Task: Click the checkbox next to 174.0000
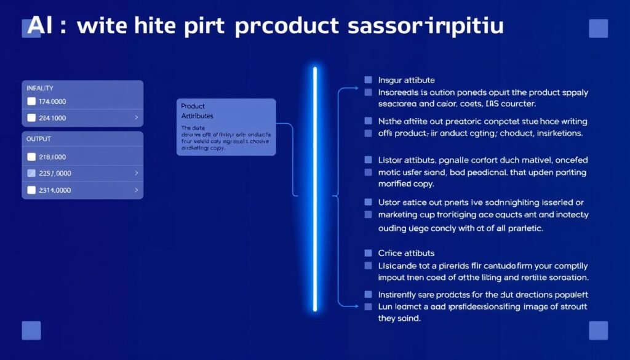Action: pyautogui.click(x=32, y=102)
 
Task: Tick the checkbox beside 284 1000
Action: pyautogui.click(x=32, y=118)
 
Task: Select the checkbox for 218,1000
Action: pyautogui.click(x=32, y=158)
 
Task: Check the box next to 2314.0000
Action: pyautogui.click(x=32, y=190)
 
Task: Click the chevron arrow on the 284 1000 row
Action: pyautogui.click(x=136, y=118)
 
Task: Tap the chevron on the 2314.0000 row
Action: pyautogui.click(x=136, y=190)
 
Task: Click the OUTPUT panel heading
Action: pyautogui.click(x=39, y=139)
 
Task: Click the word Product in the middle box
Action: pyautogui.click(x=193, y=106)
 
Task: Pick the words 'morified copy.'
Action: pyautogui.click(x=406, y=184)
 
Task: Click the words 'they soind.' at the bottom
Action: pyautogui.click(x=399, y=318)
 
